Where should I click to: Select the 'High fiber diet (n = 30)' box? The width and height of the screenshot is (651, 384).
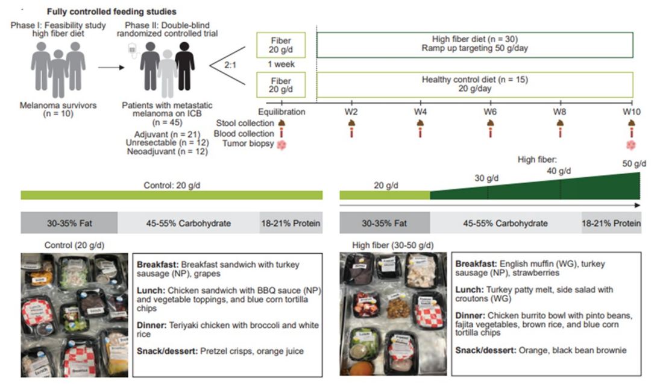pos(475,44)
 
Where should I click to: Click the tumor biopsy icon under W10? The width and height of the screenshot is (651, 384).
pos(631,145)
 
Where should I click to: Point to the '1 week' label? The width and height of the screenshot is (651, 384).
pos(281,65)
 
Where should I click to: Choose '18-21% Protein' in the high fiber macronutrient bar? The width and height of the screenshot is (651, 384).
pos(611,224)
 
